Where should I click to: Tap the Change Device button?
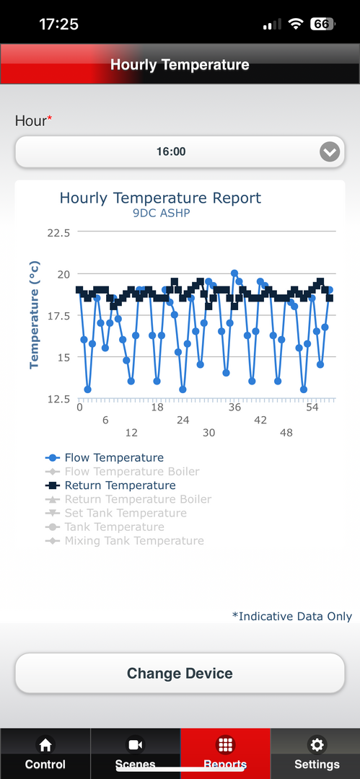click(180, 673)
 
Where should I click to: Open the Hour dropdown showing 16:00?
click(180, 151)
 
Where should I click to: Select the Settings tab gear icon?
click(316, 744)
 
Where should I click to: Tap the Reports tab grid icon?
click(225, 744)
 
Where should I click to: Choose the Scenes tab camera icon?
click(135, 744)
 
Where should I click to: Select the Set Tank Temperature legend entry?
click(116, 514)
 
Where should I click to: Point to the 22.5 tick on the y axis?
click(58, 232)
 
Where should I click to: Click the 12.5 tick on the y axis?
click(58, 398)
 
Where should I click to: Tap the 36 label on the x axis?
click(234, 408)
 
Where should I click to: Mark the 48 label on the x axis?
click(286, 433)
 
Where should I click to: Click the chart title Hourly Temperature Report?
click(160, 198)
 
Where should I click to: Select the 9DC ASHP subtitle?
click(162, 214)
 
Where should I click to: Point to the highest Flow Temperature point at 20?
click(234, 273)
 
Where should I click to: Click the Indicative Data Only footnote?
click(292, 617)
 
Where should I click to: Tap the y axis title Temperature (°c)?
click(34, 315)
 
